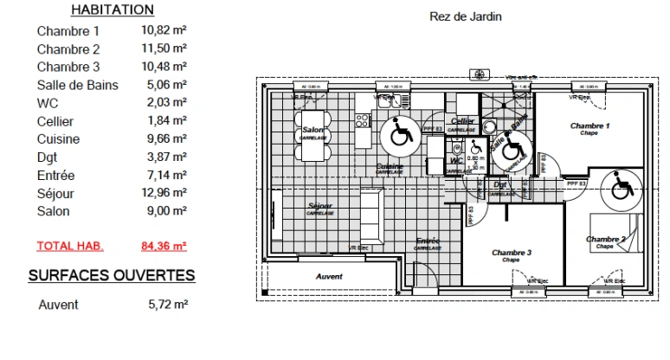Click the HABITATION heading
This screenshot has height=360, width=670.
coord(112,10)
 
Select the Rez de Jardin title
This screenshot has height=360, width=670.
coord(465,16)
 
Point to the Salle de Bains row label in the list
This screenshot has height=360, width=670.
coord(78,85)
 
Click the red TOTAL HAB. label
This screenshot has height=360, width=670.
coord(70,246)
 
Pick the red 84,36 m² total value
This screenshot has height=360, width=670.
coord(164,246)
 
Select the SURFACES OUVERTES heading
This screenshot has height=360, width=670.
coord(112,275)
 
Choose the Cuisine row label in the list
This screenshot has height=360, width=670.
coord(59,138)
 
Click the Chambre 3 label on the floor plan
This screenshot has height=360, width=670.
coord(512,253)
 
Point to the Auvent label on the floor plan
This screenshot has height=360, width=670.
coord(329,277)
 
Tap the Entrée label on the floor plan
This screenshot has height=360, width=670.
coord(428,241)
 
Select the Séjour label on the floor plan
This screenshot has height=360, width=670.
coord(320,206)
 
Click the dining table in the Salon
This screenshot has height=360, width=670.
coord(312,136)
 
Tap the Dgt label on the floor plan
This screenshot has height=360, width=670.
coord(500,184)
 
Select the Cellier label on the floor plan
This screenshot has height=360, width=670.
coord(463,121)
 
